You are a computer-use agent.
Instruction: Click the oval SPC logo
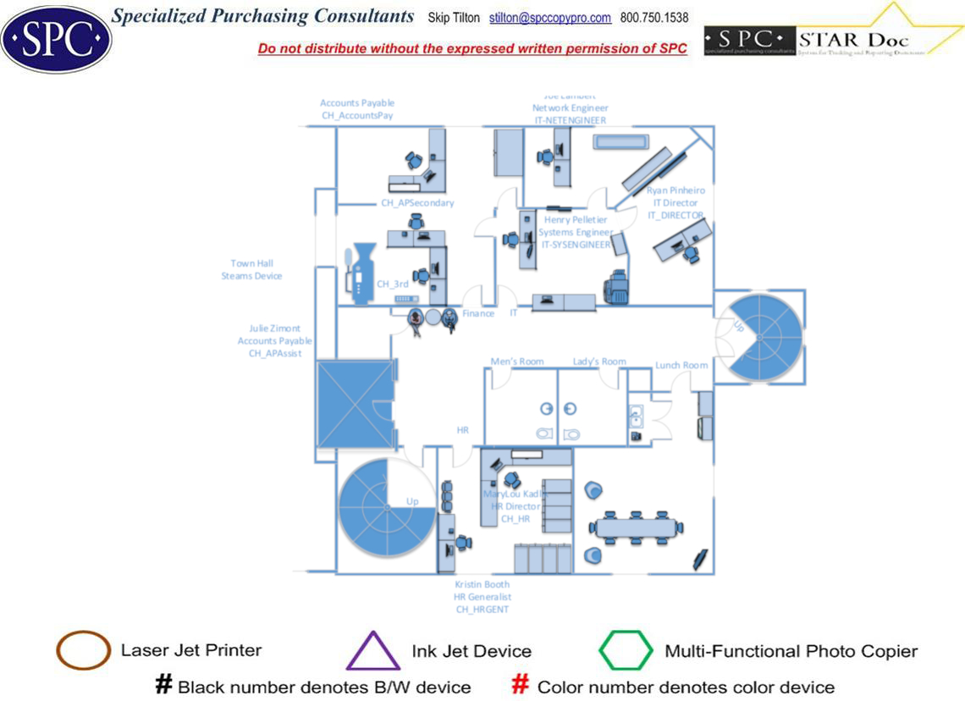pos(56,39)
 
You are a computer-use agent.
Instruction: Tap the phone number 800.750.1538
pos(654,18)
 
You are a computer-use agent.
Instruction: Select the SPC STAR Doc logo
pos(834,38)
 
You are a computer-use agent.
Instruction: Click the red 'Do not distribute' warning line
pos(472,48)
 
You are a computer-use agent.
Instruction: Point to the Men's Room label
pos(517,362)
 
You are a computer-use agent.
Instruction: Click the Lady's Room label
pos(599,362)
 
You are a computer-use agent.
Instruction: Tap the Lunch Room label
pos(681,365)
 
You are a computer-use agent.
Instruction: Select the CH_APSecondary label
pos(417,203)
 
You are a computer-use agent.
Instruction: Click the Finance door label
pos(478,313)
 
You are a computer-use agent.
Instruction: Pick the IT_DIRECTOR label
pos(675,215)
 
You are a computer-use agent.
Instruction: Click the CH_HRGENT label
pos(482,609)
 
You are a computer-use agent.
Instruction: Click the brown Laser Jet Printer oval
pos(83,651)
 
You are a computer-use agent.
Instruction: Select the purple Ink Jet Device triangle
pos(372,652)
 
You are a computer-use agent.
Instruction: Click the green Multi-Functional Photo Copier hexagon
pos(626,651)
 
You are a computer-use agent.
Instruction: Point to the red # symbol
pos(521,686)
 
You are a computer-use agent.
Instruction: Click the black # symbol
pos(163,686)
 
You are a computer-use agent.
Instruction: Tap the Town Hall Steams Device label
pos(251,270)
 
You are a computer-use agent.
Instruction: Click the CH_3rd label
pos(392,284)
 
